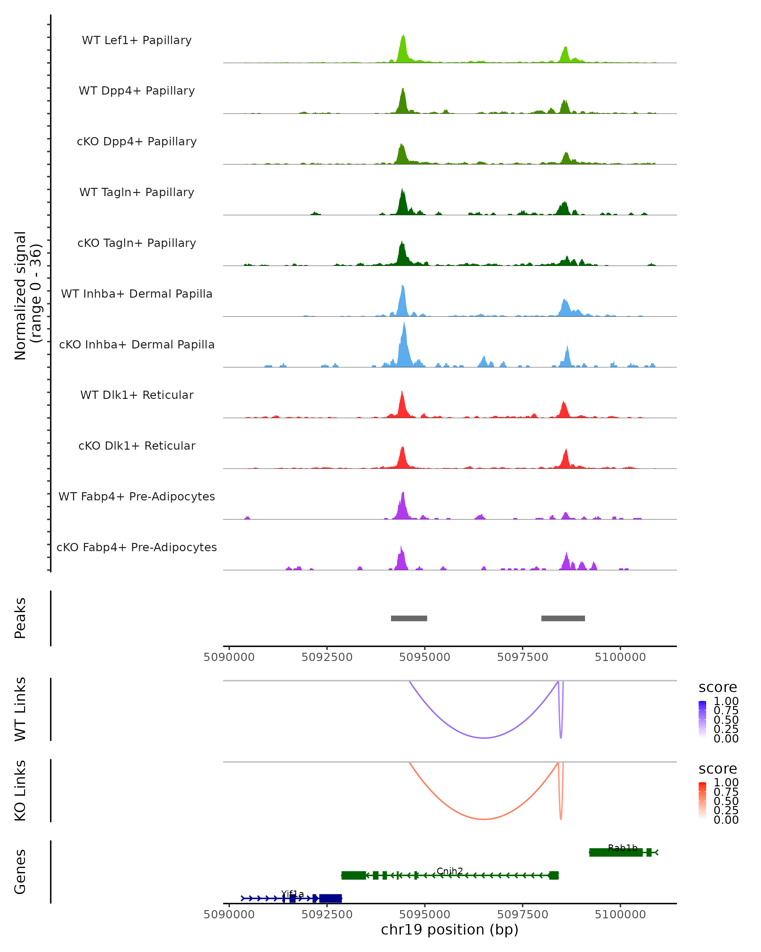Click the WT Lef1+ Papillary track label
(137, 40)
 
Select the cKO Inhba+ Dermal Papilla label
(137, 344)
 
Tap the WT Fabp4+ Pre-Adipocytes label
(137, 496)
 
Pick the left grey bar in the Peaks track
(409, 618)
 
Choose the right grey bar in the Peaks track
(563, 618)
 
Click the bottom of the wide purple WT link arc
(484, 738)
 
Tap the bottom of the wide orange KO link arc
(484, 819)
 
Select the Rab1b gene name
(622, 848)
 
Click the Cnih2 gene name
(450, 871)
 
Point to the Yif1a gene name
(292, 894)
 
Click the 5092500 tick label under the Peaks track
(327, 657)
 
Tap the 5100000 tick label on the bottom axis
(620, 915)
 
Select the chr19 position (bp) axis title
(450, 930)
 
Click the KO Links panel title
(20, 790)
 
